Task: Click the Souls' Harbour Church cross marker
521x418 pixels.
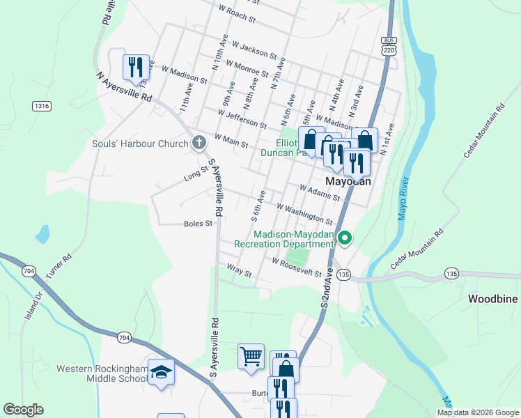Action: pyautogui.click(x=199, y=144)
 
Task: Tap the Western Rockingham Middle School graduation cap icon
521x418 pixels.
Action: pyautogui.click(x=161, y=371)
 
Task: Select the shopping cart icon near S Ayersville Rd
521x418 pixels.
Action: pyautogui.click(x=251, y=356)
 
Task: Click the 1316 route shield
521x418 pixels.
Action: pyautogui.click(x=41, y=106)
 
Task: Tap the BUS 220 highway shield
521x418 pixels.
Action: pyautogui.click(x=389, y=45)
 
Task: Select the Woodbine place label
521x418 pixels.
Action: pyautogui.click(x=492, y=299)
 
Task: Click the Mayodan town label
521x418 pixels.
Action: pyautogui.click(x=348, y=180)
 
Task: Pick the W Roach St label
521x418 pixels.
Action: pyautogui.click(x=238, y=14)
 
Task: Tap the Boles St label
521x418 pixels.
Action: pyautogui.click(x=198, y=224)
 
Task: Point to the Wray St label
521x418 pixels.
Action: pyautogui.click(x=239, y=268)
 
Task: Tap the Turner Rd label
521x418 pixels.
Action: pyautogui.click(x=58, y=266)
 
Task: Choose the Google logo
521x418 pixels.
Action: pyautogui.click(x=23, y=410)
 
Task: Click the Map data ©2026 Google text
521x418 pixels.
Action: pyautogui.click(x=478, y=412)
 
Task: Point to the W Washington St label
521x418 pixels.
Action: pyautogui.click(x=304, y=213)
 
